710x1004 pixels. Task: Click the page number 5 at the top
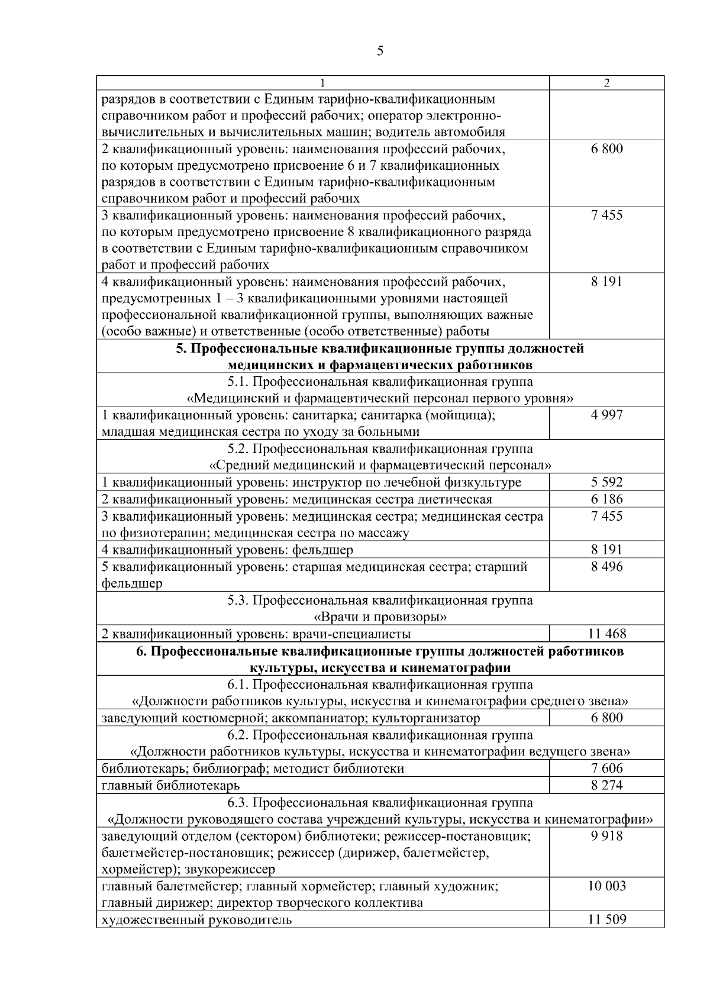click(380, 51)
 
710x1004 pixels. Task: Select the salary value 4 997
click(606, 415)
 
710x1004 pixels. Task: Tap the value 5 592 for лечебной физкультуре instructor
click(606, 482)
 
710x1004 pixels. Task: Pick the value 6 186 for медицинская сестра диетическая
click(606, 499)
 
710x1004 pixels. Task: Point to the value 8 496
click(606, 567)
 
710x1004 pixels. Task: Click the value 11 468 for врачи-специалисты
click(606, 634)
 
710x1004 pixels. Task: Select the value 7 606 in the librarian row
click(606, 769)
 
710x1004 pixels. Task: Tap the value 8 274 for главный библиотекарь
click(606, 786)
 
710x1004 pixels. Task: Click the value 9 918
click(606, 836)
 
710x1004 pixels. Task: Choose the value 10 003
click(606, 886)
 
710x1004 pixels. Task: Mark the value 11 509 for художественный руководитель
click(606, 920)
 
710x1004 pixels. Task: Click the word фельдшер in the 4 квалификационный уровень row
click(322, 550)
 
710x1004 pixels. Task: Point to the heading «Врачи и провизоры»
click(380, 617)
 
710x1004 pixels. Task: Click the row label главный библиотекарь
click(170, 786)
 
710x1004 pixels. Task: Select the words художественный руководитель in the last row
click(196, 920)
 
